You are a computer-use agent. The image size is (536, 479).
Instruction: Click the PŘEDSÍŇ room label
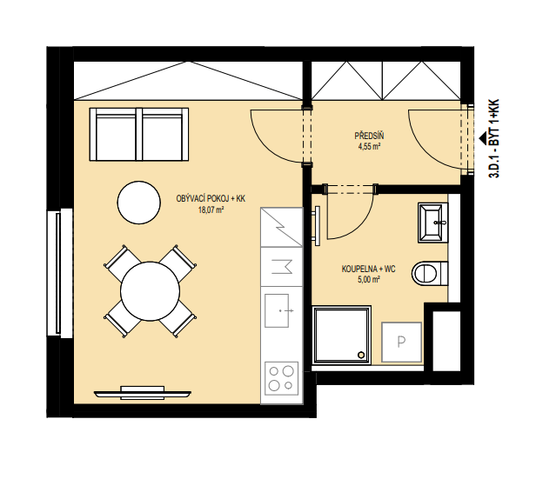pos(369,136)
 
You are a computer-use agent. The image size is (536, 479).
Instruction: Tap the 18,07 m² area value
pos(211,210)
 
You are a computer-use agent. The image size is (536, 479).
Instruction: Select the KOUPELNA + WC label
pos(369,269)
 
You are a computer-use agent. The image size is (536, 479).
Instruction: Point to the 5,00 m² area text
pos(369,280)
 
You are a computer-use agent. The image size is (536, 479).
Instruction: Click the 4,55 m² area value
pos(369,147)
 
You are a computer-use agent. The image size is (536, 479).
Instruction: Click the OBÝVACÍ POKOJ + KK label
pos(211,199)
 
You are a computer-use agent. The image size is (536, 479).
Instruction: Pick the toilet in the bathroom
pos(430,273)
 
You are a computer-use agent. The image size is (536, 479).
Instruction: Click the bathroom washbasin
pos(432,223)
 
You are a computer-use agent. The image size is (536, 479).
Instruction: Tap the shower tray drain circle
pos(361,355)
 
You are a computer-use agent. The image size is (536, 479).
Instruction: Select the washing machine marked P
pos(401,342)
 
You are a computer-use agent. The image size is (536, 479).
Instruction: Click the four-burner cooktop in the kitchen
pos(281,378)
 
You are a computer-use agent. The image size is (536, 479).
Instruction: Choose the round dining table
pos(150,291)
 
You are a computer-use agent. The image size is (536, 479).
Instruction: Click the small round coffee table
pos(139,203)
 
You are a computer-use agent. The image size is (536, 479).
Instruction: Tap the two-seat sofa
pos(139,134)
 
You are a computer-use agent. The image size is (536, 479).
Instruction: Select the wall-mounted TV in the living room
pos(143,393)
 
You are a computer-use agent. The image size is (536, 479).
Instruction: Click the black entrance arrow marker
pos(483,138)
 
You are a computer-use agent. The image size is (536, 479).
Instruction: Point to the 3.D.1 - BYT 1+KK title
pos(494,138)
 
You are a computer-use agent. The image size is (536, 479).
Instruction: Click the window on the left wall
pos(59,273)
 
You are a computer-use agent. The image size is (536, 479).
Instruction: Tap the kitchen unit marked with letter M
pos(282,267)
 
